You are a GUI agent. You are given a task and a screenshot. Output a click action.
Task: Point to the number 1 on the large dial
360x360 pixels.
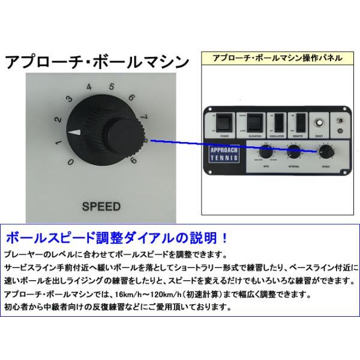click(58, 142)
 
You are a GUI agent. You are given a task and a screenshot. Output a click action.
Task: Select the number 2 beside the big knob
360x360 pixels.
click(58, 119)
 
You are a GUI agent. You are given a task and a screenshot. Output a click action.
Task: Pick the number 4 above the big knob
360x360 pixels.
click(89, 86)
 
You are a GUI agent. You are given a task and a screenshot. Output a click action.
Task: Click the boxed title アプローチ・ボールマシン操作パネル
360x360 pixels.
click(277, 58)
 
